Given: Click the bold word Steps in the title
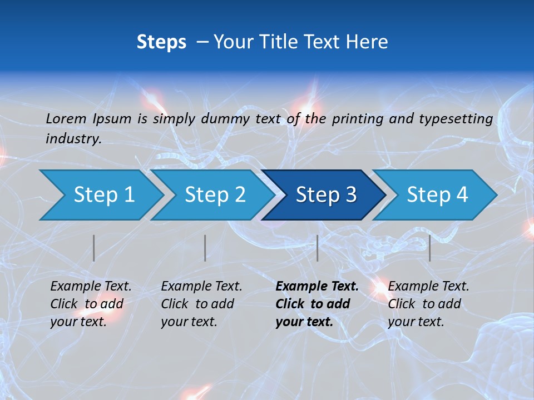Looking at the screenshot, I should (x=161, y=42).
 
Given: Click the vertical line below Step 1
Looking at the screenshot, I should (x=94, y=248).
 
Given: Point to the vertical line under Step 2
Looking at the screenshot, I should (x=205, y=248).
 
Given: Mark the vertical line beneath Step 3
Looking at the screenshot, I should (x=317, y=248).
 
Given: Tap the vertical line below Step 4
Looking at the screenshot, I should (x=429, y=248).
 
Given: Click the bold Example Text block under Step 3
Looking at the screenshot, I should (x=317, y=304).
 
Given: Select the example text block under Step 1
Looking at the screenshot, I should (x=91, y=304).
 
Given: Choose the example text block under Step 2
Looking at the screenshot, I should (x=201, y=304).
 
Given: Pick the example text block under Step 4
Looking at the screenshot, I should (x=428, y=304).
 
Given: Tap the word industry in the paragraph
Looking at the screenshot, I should (x=73, y=139).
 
